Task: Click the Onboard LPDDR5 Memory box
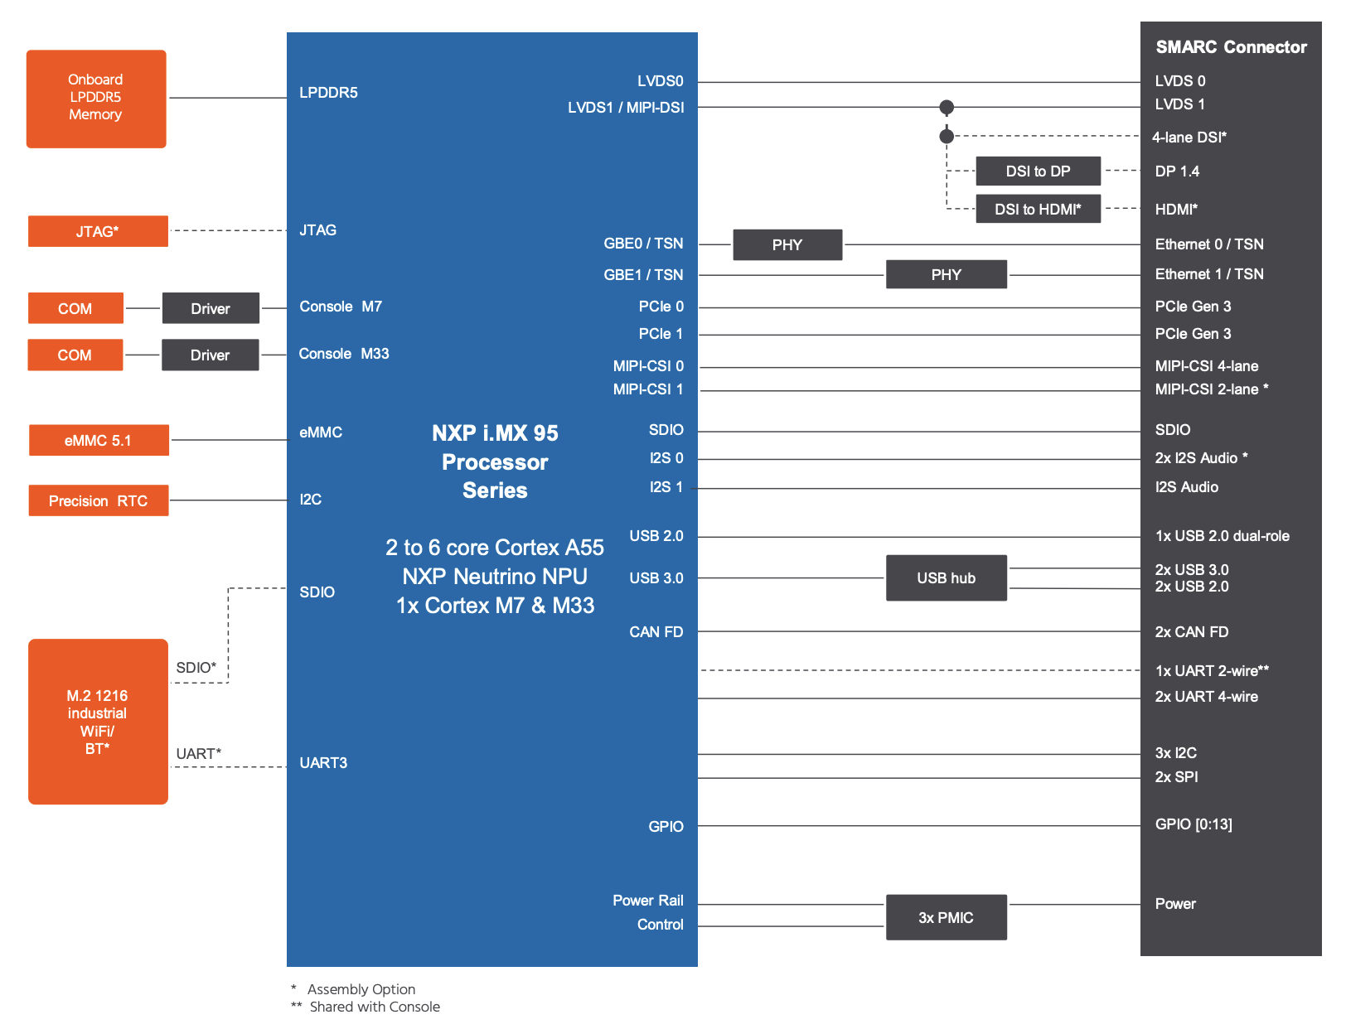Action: point(96,99)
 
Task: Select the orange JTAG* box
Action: point(98,231)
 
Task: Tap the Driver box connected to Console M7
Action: point(211,307)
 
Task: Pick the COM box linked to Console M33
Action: point(75,355)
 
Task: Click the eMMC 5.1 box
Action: point(99,440)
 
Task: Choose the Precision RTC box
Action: point(99,500)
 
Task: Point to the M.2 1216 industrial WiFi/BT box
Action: point(98,722)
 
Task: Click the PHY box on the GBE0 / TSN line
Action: point(787,244)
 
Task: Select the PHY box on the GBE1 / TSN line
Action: point(946,274)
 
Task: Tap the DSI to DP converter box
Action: point(1039,171)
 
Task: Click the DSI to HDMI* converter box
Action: point(1039,209)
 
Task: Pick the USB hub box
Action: point(946,577)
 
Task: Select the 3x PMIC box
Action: point(946,917)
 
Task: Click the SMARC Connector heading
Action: point(1231,47)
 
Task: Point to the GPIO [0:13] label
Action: point(1193,824)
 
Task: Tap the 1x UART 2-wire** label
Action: point(1212,670)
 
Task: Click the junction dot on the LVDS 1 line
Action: point(947,107)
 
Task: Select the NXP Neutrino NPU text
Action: point(495,577)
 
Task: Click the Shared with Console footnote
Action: point(375,1007)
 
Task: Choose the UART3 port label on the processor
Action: point(323,763)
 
